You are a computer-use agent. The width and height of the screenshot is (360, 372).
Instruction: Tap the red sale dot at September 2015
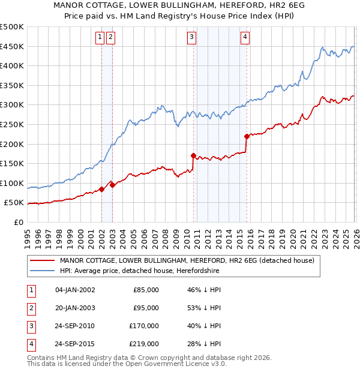click(x=247, y=136)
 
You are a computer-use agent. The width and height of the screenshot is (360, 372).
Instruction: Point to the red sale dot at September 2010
click(x=193, y=155)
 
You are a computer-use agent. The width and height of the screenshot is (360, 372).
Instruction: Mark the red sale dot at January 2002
click(x=101, y=189)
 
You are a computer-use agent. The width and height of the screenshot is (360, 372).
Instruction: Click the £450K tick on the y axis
click(x=12, y=46)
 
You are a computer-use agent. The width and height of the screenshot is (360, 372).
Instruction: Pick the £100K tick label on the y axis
click(x=12, y=183)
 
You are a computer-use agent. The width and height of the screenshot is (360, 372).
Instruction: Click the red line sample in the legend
click(x=42, y=260)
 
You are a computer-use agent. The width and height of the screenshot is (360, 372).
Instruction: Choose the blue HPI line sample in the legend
click(x=42, y=271)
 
